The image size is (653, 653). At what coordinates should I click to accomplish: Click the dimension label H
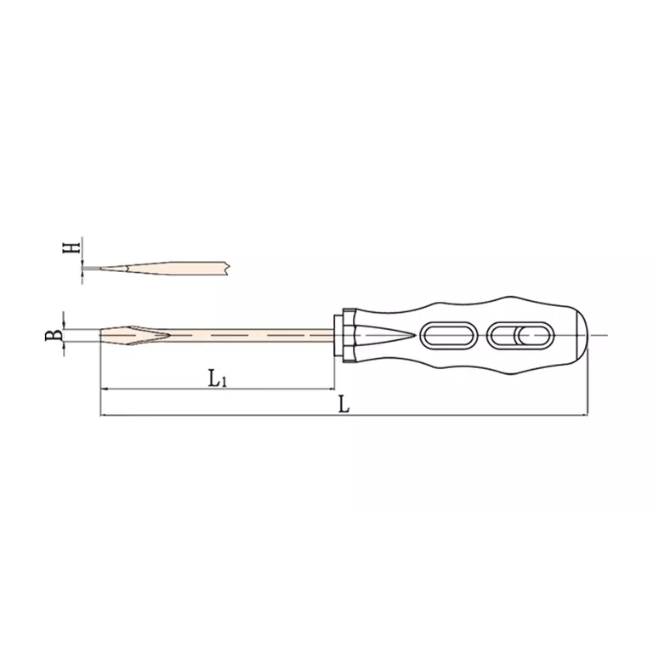[71, 247]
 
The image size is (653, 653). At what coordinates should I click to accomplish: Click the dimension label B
[54, 335]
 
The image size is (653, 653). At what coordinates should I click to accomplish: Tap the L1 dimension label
[218, 378]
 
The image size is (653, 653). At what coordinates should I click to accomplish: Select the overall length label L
[344, 404]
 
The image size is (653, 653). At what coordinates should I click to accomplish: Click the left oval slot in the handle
[448, 335]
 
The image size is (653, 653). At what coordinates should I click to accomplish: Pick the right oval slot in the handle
[520, 335]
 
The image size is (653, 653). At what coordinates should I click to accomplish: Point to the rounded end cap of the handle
[582, 335]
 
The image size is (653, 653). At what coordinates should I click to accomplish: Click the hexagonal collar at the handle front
[349, 335]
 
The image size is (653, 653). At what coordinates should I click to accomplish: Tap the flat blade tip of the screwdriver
[101, 335]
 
